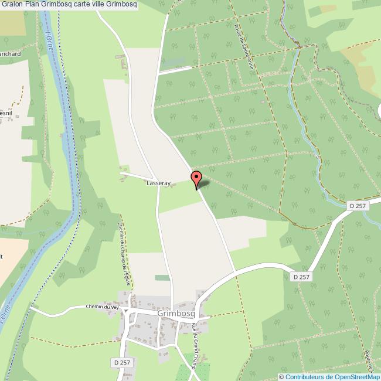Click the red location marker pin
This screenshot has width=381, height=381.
[x=196, y=179]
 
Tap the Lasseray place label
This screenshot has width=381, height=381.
[x=158, y=183]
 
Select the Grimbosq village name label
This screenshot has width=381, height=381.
[x=176, y=314]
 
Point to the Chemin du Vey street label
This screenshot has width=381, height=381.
[x=103, y=307]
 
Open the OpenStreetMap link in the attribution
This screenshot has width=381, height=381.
[x=356, y=377]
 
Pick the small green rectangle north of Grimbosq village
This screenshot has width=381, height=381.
[x=162, y=277]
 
